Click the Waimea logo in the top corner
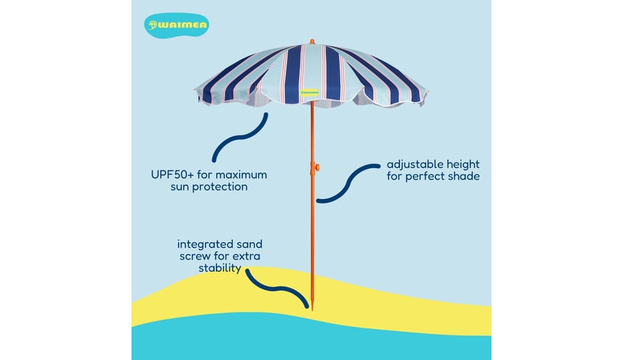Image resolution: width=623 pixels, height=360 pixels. [177, 26]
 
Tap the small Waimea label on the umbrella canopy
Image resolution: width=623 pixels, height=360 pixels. [309, 93]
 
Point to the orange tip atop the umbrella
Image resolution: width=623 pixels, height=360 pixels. [312, 42]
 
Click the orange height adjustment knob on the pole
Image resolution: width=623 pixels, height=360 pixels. [316, 168]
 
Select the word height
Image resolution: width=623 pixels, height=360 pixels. [463, 165]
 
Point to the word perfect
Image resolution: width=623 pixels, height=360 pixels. [425, 177]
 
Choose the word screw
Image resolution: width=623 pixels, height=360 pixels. [195, 256]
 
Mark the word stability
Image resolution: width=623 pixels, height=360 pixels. [219, 268]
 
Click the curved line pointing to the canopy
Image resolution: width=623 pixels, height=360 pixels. [240, 138]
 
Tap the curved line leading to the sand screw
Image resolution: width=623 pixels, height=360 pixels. [277, 288]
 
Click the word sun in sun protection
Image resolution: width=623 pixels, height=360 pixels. [179, 188]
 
